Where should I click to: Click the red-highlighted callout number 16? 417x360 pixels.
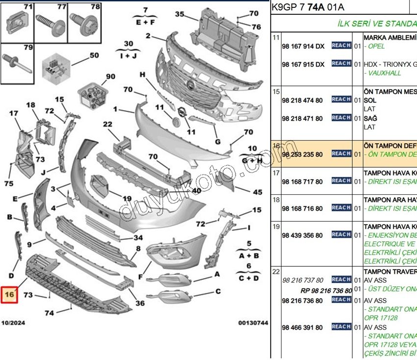9,295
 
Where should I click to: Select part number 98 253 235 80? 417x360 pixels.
302,154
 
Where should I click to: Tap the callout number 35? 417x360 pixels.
180,14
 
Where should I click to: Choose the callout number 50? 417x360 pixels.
94,55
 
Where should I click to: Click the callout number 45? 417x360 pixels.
257,192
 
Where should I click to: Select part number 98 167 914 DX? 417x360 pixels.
303,46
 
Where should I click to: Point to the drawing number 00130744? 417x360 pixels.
253,323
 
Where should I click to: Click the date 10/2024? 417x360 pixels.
14,323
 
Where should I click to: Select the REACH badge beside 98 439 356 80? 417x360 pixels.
341,234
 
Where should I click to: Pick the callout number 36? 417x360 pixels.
140,303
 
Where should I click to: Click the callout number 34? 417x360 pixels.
139,238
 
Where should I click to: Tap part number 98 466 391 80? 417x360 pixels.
302,327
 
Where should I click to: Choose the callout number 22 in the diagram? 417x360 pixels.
108,125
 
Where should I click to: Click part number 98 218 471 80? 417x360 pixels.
302,118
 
